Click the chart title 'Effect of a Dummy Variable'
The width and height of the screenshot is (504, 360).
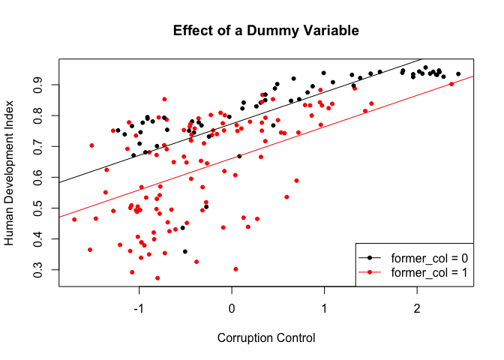(x=266, y=31)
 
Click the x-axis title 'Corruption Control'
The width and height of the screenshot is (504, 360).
(x=266, y=337)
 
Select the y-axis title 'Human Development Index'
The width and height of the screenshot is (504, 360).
(x=10, y=173)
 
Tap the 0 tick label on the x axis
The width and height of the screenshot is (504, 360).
(x=232, y=307)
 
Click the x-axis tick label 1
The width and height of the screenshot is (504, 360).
(x=325, y=307)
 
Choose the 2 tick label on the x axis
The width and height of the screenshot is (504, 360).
(x=418, y=307)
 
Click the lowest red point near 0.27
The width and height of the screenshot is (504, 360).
(x=157, y=278)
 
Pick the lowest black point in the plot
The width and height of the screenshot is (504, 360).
(x=184, y=251)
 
